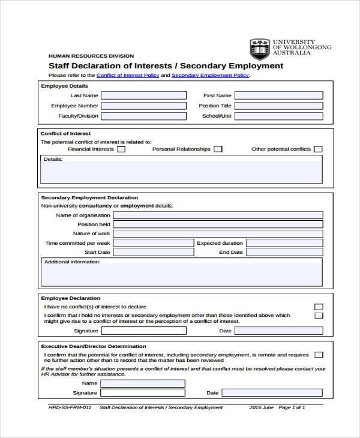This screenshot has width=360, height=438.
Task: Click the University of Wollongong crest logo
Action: (260, 49)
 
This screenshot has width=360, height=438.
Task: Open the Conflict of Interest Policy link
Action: (127, 76)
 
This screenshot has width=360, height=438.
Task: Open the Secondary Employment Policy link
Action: (210, 76)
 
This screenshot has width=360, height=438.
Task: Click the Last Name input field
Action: (142, 95)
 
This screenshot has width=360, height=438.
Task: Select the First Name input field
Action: (278, 95)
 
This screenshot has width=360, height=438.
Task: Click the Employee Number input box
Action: (142, 106)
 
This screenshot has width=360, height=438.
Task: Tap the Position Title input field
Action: (278, 106)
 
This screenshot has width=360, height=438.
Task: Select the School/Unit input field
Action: (278, 116)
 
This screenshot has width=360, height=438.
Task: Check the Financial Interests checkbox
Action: (121, 149)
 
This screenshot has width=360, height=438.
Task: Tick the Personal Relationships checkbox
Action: (218, 149)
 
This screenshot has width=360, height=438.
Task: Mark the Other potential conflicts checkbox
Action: (318, 149)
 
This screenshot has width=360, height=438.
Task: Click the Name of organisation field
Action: (218, 215)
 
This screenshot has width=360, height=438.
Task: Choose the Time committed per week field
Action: (153, 244)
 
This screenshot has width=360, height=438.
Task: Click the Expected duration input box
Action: (284, 244)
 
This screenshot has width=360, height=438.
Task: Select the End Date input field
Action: (284, 253)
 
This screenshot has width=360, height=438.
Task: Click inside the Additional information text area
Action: (181, 275)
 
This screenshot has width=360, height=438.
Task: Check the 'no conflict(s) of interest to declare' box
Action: (319, 307)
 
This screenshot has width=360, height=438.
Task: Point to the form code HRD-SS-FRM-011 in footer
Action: (70, 407)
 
